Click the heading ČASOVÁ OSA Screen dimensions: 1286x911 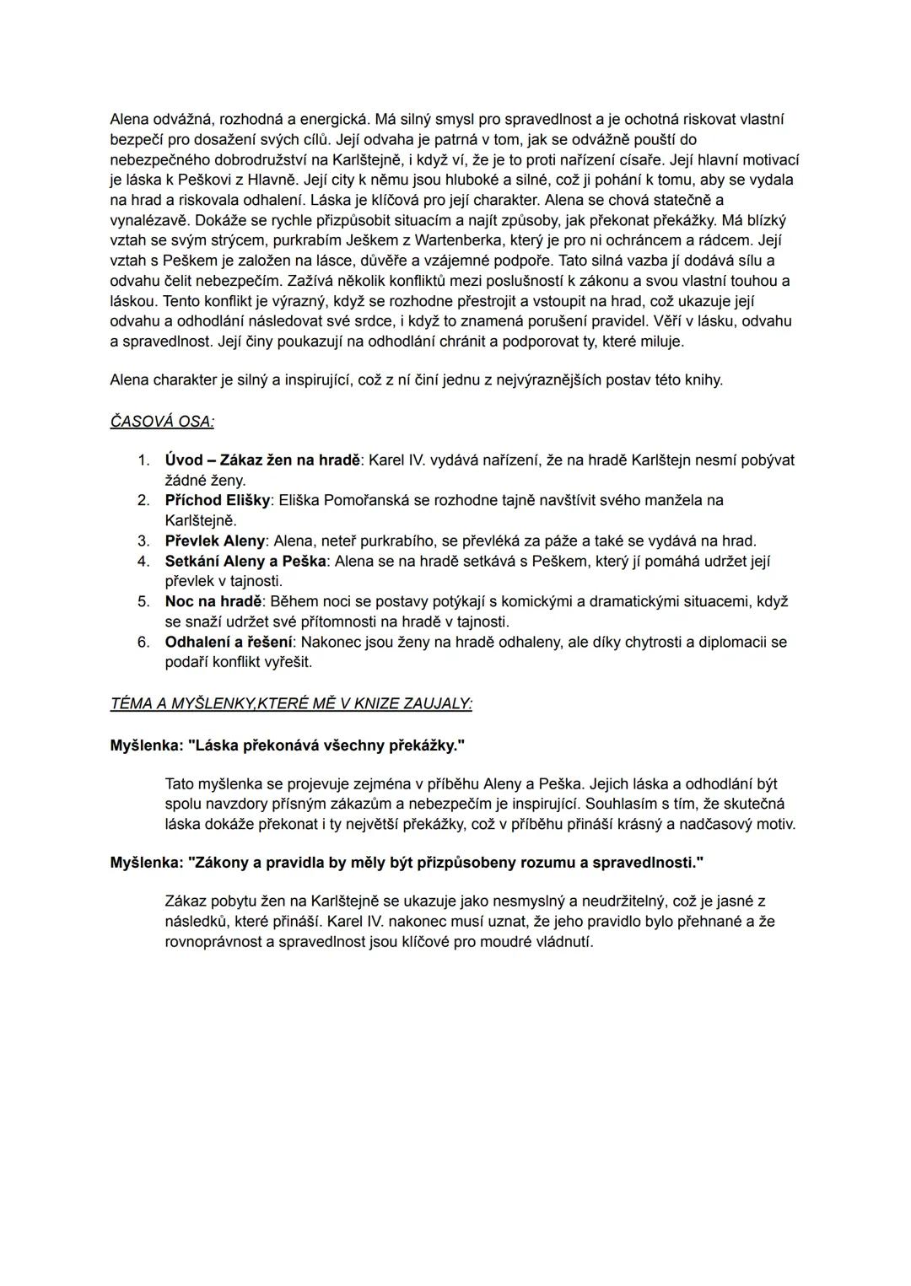point(161,421)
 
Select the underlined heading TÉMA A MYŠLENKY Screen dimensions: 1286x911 point(291,704)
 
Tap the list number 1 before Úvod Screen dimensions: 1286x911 point(143,460)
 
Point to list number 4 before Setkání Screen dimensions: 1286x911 point(143,562)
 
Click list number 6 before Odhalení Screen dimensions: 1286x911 point(143,643)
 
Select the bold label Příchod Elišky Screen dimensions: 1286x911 point(218,501)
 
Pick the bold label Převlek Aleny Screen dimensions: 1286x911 point(215,541)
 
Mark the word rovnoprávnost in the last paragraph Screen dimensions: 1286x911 point(213,942)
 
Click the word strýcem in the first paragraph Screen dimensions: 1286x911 point(230,240)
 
